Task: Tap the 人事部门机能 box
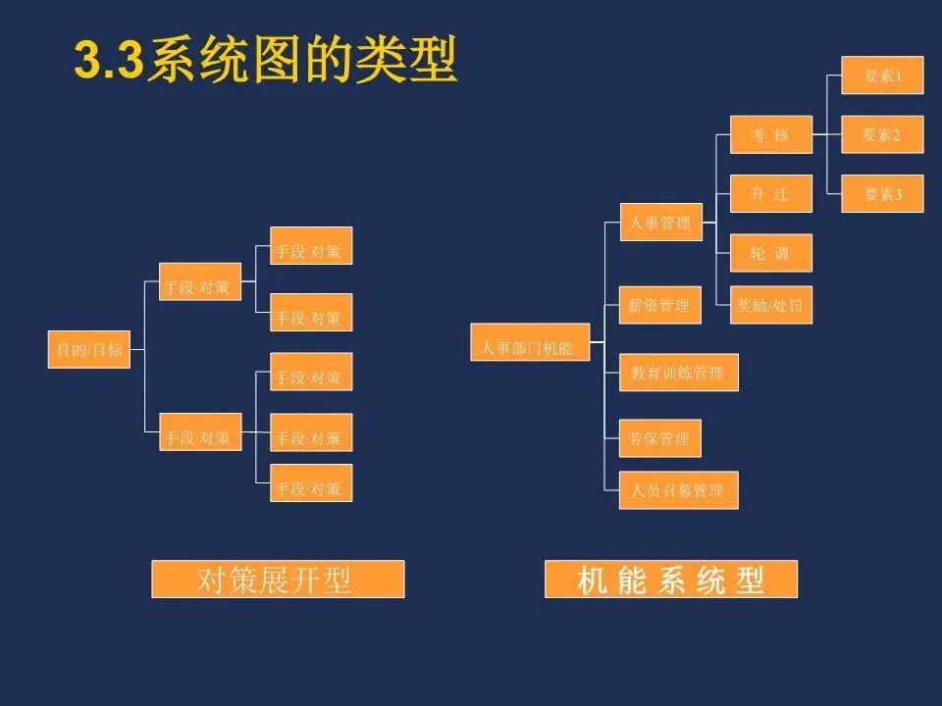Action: click(x=530, y=347)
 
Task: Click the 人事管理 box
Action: click(x=660, y=223)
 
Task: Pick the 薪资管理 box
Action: click(x=660, y=305)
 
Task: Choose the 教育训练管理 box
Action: click(x=678, y=373)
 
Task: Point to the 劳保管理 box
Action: click(x=660, y=438)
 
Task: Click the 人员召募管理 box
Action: click(x=678, y=489)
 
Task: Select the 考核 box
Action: click(x=771, y=134)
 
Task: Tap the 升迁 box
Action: click(x=771, y=194)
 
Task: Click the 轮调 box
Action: click(x=771, y=253)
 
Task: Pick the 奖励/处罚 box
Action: click(x=771, y=305)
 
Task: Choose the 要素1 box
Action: click(x=882, y=76)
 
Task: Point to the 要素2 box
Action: click(x=882, y=134)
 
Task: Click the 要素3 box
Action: click(x=882, y=194)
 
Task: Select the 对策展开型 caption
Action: click(x=278, y=580)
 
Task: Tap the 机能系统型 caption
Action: click(x=671, y=580)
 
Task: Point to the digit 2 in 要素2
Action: click(x=896, y=135)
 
